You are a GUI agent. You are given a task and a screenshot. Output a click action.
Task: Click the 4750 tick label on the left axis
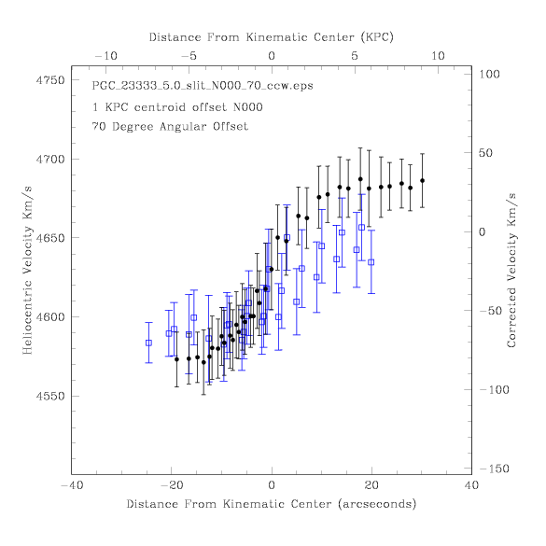(x=50, y=80)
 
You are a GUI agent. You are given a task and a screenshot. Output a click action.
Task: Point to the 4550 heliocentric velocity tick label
(x=50, y=397)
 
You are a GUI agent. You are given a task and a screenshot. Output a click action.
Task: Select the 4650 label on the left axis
(x=50, y=238)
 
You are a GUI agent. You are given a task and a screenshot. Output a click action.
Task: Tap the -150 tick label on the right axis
(x=495, y=469)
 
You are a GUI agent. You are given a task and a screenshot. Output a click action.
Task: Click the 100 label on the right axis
(x=490, y=74)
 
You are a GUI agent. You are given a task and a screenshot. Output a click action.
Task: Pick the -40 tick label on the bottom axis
(x=73, y=485)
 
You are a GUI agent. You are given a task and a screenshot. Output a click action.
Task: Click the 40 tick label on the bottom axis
(x=472, y=485)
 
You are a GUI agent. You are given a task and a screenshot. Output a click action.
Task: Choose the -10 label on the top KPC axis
(x=105, y=56)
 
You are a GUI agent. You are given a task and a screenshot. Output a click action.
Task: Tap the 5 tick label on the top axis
(x=355, y=56)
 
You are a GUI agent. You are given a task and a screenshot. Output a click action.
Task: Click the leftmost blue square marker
(x=148, y=343)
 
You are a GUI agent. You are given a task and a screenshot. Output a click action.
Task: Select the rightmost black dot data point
(x=423, y=181)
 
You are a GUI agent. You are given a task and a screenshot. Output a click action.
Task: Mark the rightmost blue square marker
(x=371, y=262)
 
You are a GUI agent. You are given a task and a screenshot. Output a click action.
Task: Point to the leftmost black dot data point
(x=176, y=359)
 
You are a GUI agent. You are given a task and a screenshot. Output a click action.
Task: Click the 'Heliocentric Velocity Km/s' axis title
(x=27, y=271)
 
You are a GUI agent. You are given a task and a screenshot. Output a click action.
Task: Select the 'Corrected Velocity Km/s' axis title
(x=511, y=271)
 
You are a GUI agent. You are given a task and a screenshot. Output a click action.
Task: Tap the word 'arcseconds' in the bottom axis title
(x=377, y=504)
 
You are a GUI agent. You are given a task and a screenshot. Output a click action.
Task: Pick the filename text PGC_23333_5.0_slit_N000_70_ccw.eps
(x=203, y=86)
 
